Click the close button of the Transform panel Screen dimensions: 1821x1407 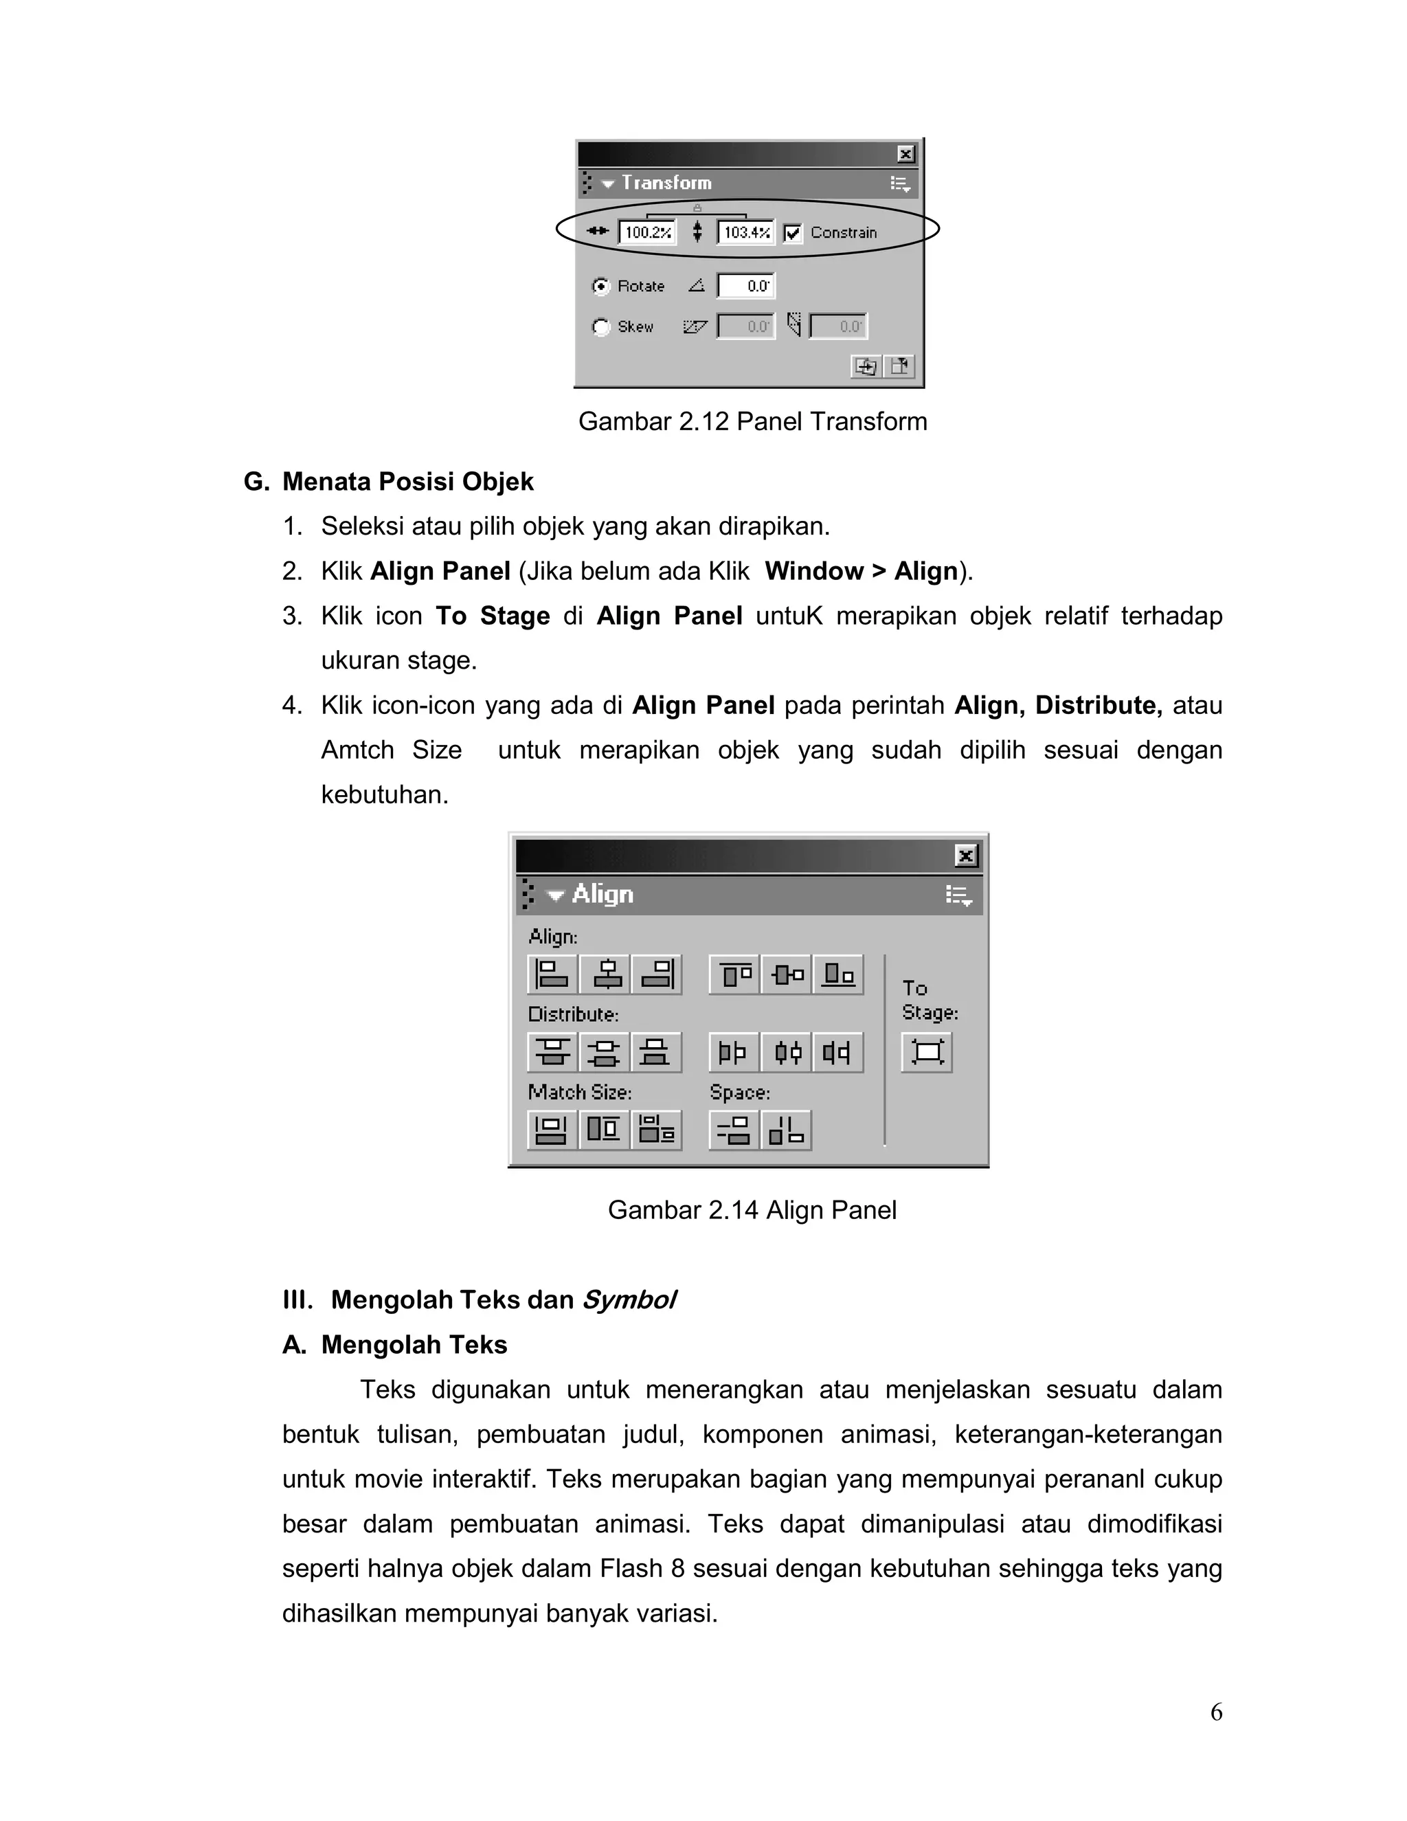pyautogui.click(x=905, y=154)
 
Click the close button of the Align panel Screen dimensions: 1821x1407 pyautogui.click(x=965, y=856)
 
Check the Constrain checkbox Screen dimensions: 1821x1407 pyautogui.click(x=793, y=233)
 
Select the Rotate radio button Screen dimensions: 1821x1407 pyautogui.click(x=600, y=286)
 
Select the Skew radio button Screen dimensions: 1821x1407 pyautogui.click(x=600, y=327)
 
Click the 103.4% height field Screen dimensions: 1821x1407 pyautogui.click(x=746, y=233)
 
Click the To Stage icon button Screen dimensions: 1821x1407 pyautogui.click(x=927, y=1051)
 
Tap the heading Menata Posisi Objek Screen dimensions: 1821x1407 pyautogui.click(x=407, y=482)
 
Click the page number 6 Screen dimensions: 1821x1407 pyautogui.click(x=1216, y=1712)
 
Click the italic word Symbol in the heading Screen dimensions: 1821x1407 pyautogui.click(x=629, y=1300)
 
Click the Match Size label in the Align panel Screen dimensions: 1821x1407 pyautogui.click(x=579, y=1093)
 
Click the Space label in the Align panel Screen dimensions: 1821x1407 pyautogui.click(x=739, y=1093)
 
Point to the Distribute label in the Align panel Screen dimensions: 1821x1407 pyautogui.click(x=573, y=1015)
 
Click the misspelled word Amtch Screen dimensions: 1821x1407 pyautogui.click(x=357, y=750)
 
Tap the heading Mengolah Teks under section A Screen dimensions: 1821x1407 pyautogui.click(x=414, y=1345)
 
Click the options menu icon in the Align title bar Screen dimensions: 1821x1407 pyautogui.click(x=958, y=895)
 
